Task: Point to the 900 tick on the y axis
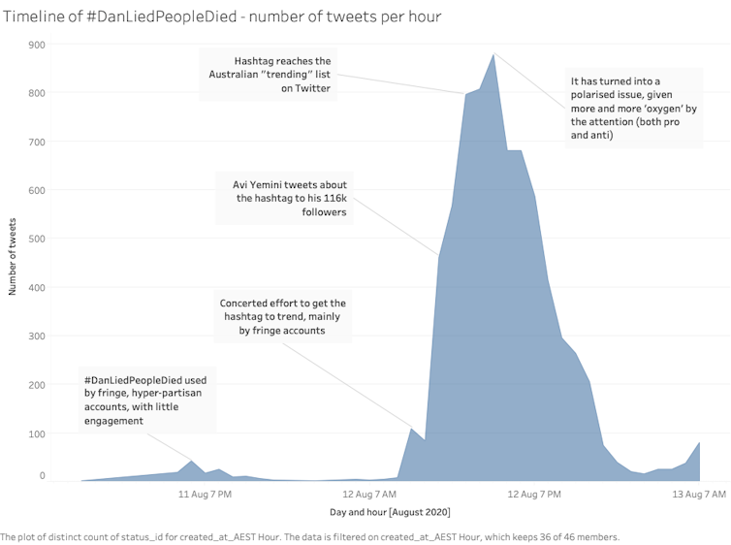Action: click(x=37, y=45)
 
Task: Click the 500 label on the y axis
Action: click(x=37, y=239)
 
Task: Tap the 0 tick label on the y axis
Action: click(x=42, y=476)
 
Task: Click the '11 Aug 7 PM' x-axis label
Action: click(x=205, y=495)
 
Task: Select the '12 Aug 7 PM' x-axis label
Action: click(x=534, y=495)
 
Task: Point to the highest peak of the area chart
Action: click(x=493, y=54)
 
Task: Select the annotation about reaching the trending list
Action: click(x=283, y=75)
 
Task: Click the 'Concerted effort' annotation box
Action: click(x=282, y=317)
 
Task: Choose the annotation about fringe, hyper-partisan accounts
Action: click(x=147, y=400)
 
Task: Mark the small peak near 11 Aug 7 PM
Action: click(x=191, y=462)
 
